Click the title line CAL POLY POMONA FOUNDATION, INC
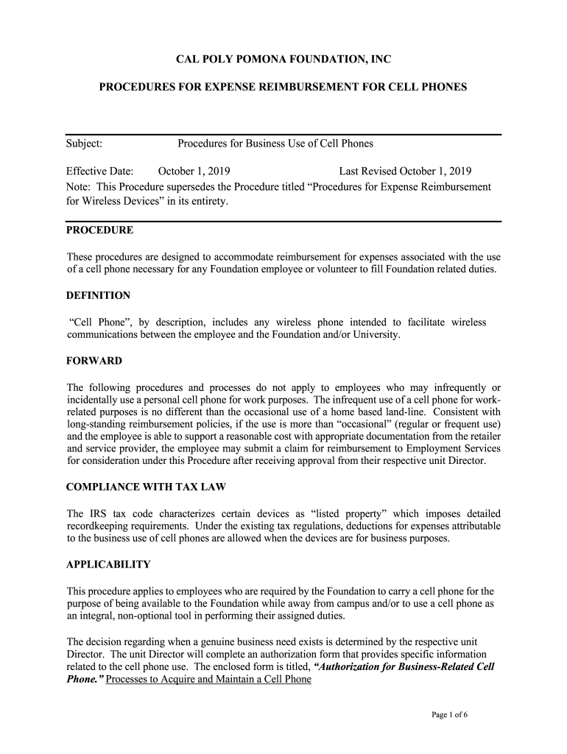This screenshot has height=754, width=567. tap(283, 59)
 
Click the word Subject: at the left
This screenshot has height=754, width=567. tap(84, 144)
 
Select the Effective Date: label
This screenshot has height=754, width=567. tap(99, 172)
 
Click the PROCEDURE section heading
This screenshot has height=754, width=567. tap(99, 230)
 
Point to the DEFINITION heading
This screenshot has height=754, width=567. tap(98, 295)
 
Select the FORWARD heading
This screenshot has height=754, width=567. tap(94, 361)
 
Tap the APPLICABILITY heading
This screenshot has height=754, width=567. tap(108, 564)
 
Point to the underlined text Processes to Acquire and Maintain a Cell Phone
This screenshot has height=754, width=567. tap(208, 679)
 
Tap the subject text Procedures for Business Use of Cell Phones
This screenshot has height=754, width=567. tap(275, 144)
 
